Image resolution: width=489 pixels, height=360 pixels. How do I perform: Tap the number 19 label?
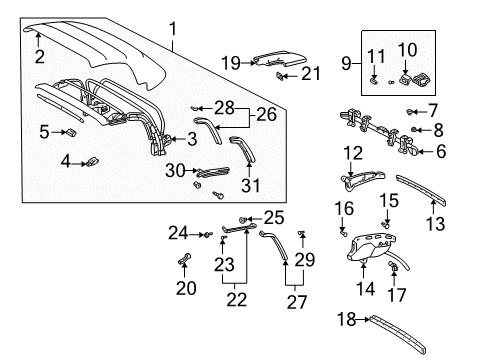point(228,63)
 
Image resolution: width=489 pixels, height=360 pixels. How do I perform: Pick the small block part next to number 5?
point(74,131)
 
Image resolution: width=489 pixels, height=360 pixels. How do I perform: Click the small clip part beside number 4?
point(92,157)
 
